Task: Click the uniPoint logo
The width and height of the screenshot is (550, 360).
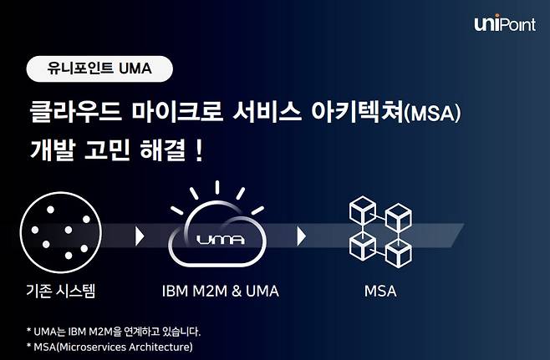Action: pyautogui.click(x=505, y=23)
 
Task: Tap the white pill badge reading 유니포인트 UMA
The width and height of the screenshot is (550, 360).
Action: pyautogui.click(x=99, y=68)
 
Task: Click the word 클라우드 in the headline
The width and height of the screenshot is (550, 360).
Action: pyautogui.click(x=75, y=112)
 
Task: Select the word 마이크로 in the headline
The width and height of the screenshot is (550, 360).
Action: pyautogui.click(x=177, y=112)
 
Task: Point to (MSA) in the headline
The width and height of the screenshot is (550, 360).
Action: pyautogui.click(x=432, y=114)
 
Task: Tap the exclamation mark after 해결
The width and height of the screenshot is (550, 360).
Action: pyautogui.click(x=199, y=150)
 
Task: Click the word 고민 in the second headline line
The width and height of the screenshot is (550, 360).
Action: pyautogui.click(x=107, y=150)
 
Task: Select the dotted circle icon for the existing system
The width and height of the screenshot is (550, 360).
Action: pyautogui.click(x=61, y=232)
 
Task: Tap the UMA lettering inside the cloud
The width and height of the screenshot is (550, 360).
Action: pyautogui.click(x=221, y=240)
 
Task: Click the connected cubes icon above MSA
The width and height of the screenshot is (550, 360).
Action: pyautogui.click(x=380, y=232)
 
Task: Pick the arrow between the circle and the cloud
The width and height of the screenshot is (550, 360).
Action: pyautogui.click(x=140, y=236)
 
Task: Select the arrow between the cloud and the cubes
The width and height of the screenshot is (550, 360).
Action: pyautogui.click(x=301, y=236)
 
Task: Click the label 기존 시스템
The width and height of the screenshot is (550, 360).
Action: pyautogui.click(x=61, y=291)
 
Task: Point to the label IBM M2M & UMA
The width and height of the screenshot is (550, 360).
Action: pyautogui.click(x=221, y=292)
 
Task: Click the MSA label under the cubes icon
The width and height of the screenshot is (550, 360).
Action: pyautogui.click(x=380, y=292)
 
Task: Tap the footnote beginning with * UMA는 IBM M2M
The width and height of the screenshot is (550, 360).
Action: pyautogui.click(x=114, y=332)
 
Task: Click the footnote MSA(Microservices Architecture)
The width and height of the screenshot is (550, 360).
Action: pyautogui.click(x=109, y=347)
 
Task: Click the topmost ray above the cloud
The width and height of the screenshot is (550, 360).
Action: pyautogui.click(x=217, y=187)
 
